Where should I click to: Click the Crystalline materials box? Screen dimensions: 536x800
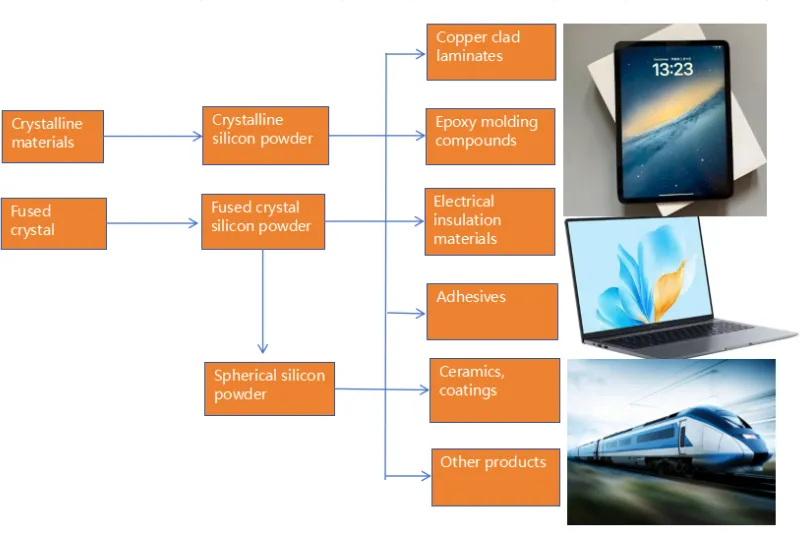click(53, 136)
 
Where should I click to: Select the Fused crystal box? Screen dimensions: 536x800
click(53, 223)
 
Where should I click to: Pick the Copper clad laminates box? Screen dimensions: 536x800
click(490, 51)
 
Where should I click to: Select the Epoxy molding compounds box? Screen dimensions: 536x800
click(490, 136)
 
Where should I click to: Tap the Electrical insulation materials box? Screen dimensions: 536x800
click(489, 221)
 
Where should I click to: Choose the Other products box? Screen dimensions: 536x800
click(495, 475)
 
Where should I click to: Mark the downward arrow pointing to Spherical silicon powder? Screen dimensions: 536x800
click(263, 300)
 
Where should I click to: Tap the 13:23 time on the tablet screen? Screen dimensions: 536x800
click(672, 70)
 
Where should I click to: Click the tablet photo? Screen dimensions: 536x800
click(665, 120)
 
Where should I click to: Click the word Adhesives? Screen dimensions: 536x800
click(471, 297)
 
